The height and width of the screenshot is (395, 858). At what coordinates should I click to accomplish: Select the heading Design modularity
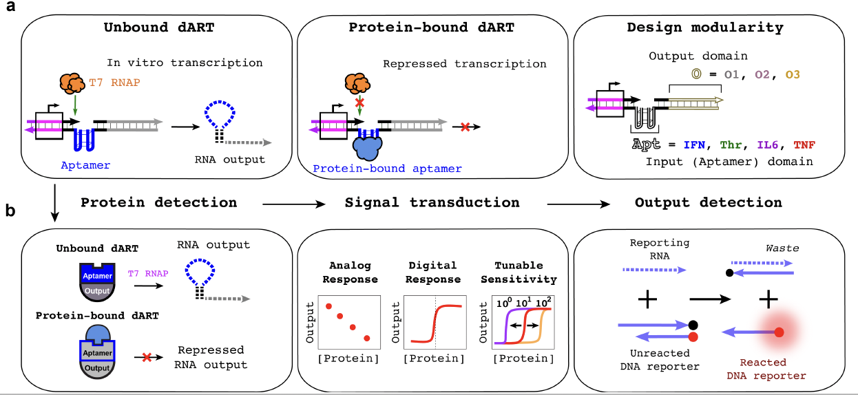(x=704, y=28)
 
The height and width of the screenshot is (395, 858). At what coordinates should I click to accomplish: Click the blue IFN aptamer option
(x=698, y=146)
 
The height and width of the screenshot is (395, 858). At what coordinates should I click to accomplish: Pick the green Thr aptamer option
(x=732, y=146)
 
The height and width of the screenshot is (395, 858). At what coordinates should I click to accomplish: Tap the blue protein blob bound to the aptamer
(x=371, y=147)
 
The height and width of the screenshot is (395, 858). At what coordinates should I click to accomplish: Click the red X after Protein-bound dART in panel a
(x=465, y=127)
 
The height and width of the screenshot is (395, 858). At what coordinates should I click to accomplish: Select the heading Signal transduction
(x=432, y=202)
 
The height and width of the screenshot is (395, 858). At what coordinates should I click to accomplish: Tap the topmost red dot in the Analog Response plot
(x=329, y=306)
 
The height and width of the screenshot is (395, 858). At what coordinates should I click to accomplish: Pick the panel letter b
(x=10, y=211)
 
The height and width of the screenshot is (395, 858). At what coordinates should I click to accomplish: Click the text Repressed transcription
(x=465, y=64)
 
